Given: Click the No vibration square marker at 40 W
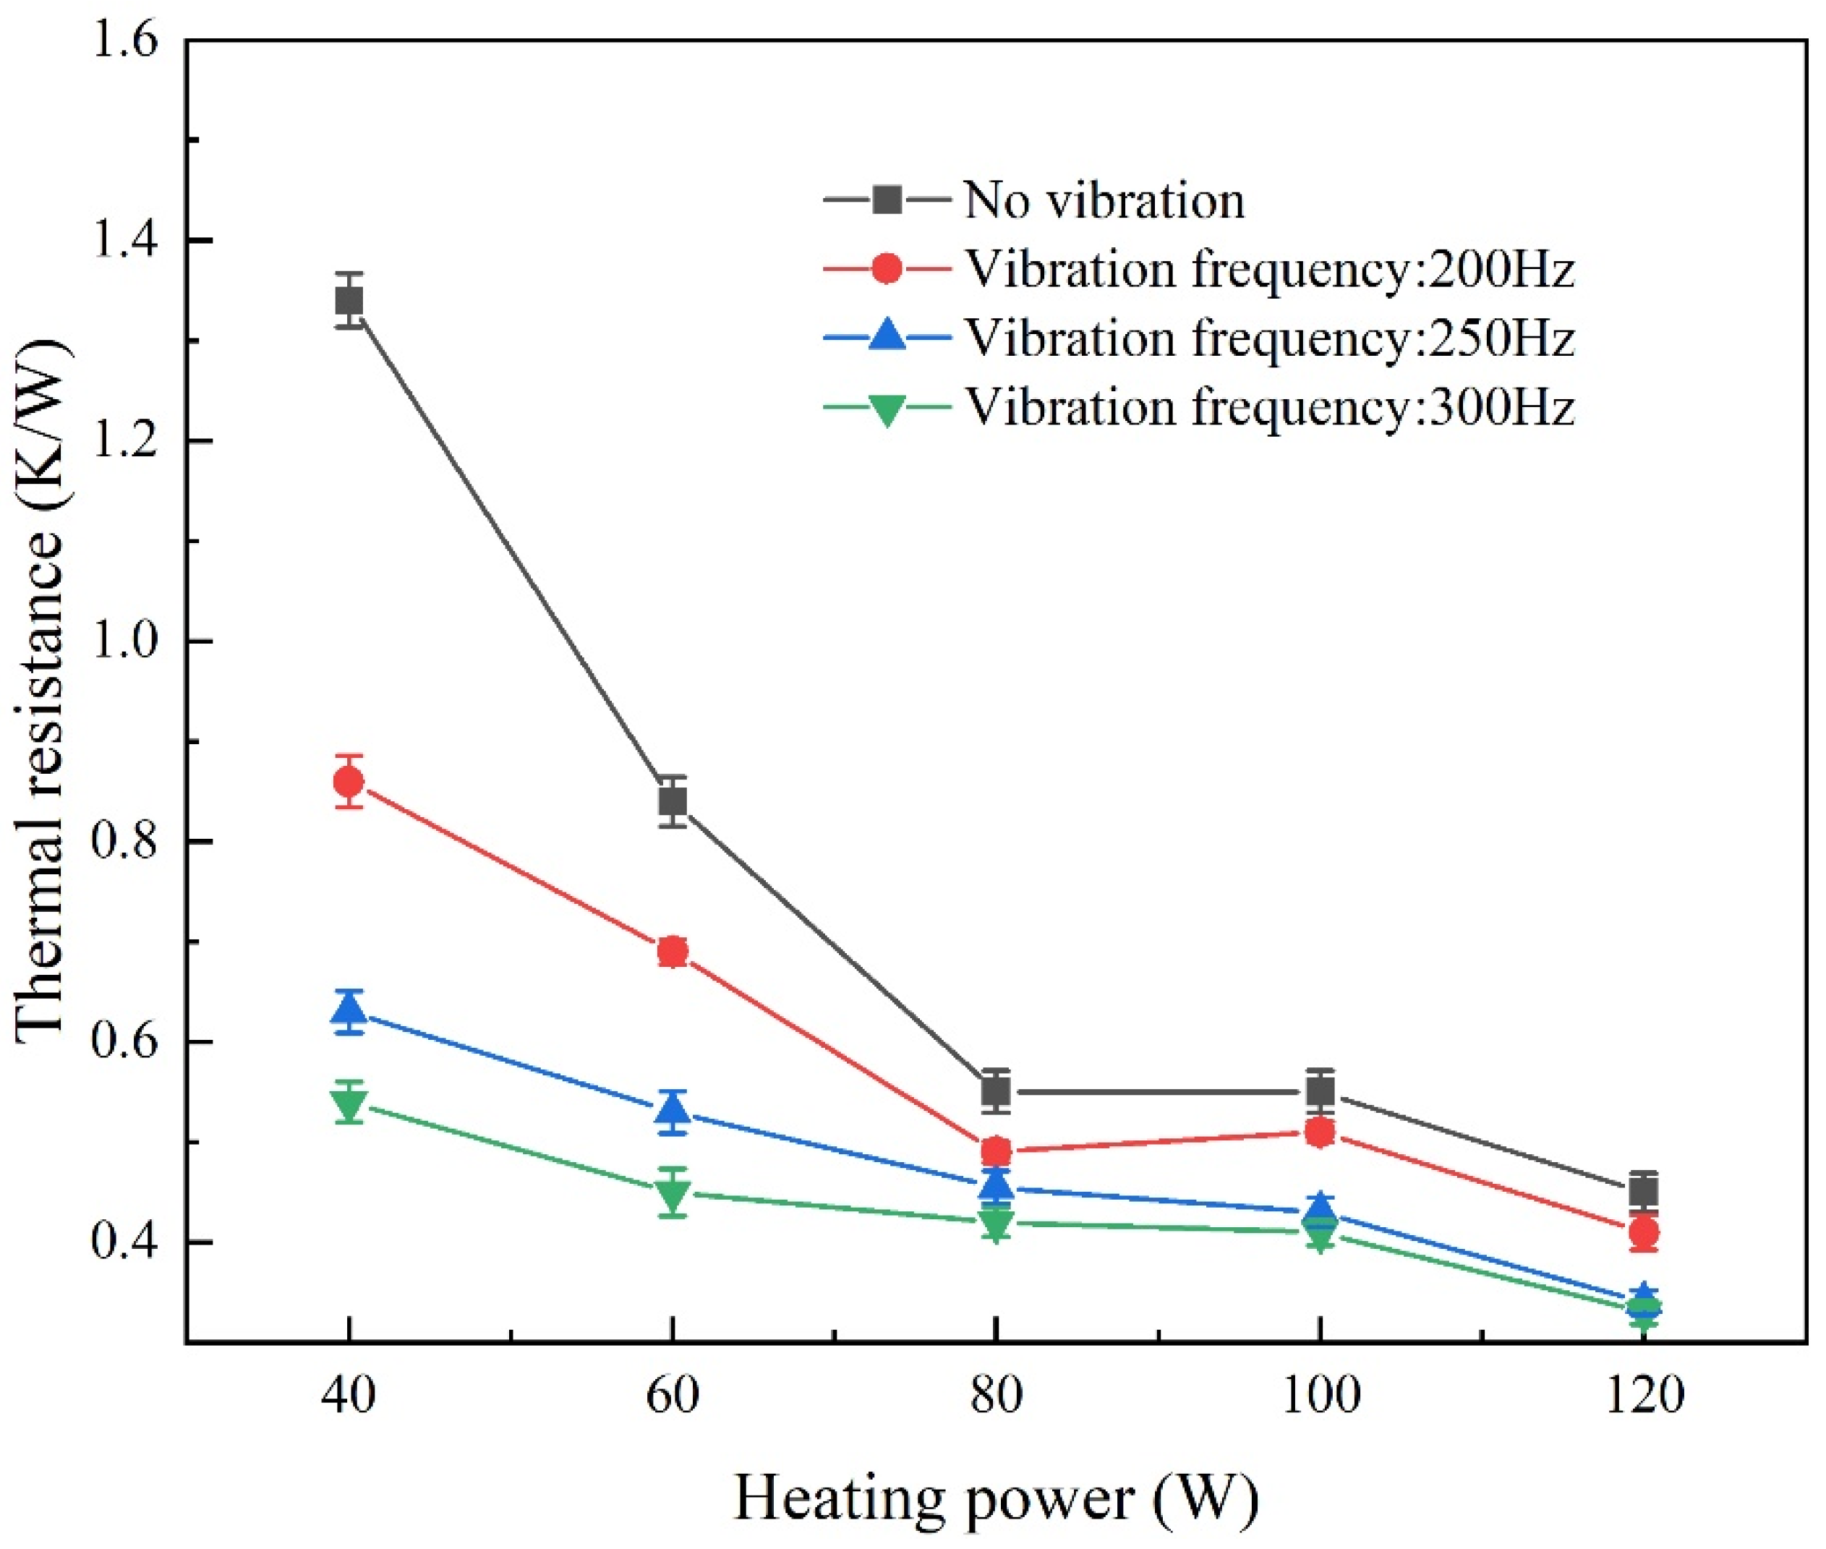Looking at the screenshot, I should coord(349,301).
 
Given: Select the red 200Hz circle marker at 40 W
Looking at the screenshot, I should coord(349,781).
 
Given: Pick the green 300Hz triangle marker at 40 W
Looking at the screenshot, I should coord(349,1103).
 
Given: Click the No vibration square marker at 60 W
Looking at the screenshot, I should coord(673,801).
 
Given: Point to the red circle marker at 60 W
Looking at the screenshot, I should coord(673,951).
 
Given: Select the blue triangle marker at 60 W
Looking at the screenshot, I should coord(673,1111).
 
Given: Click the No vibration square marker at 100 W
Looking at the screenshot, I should coord(1321,1091).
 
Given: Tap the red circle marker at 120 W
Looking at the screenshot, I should coord(1643,1232).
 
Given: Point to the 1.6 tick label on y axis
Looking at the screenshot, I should coord(123,41).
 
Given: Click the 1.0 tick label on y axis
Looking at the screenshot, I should coord(123,641).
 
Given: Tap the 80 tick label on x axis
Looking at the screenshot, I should coord(996,1394).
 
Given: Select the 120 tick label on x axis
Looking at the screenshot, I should coord(1643,1394).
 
